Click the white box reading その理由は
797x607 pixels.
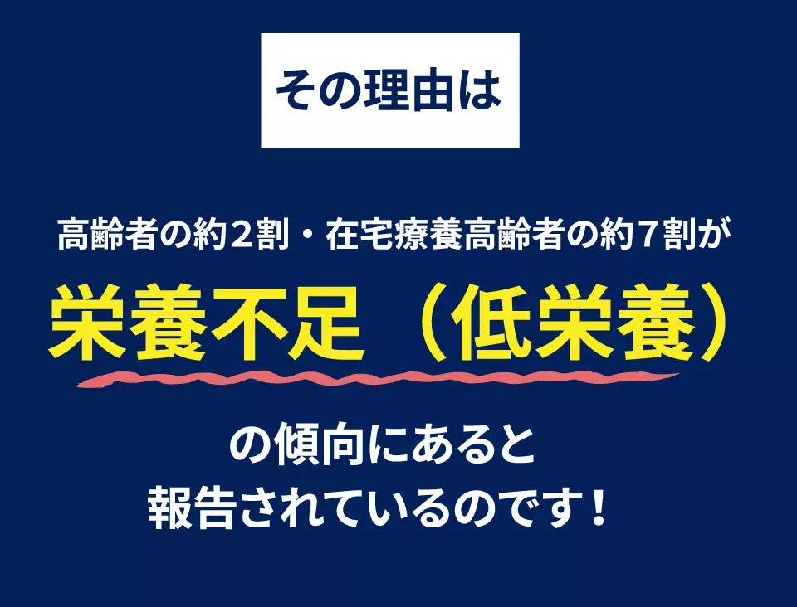click(389, 90)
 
